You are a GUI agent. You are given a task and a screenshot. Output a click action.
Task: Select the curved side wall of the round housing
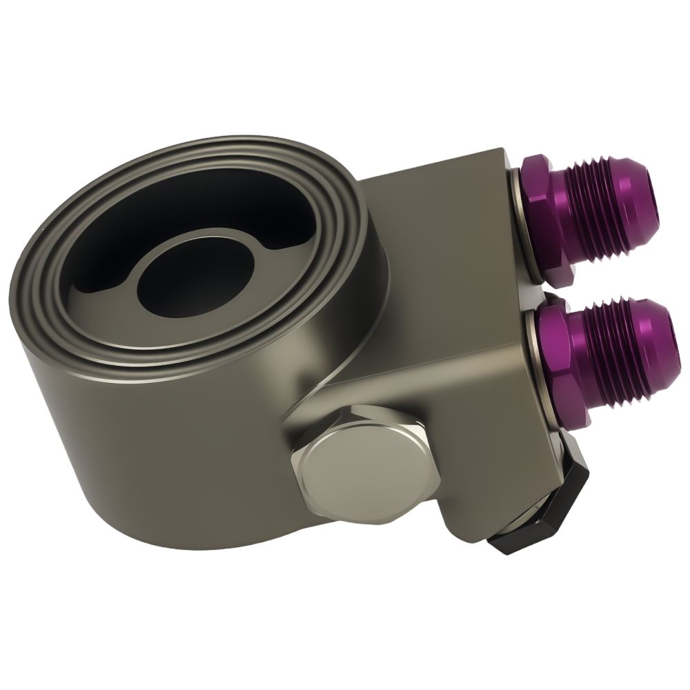pyautogui.click(x=172, y=442)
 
